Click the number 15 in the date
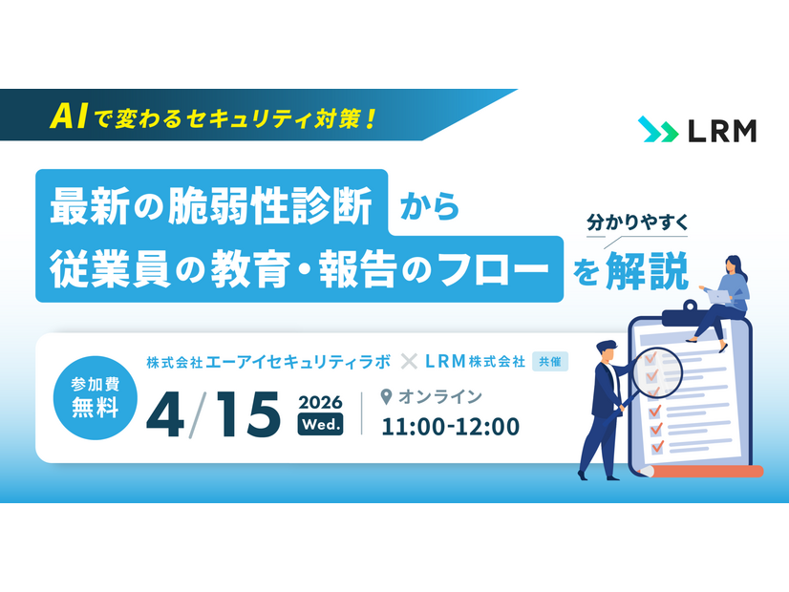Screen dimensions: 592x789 245,411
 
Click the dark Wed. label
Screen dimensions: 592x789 320,424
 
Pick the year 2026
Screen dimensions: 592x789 320,400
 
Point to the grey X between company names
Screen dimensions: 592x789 409,362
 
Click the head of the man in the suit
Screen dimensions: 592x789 605,349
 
